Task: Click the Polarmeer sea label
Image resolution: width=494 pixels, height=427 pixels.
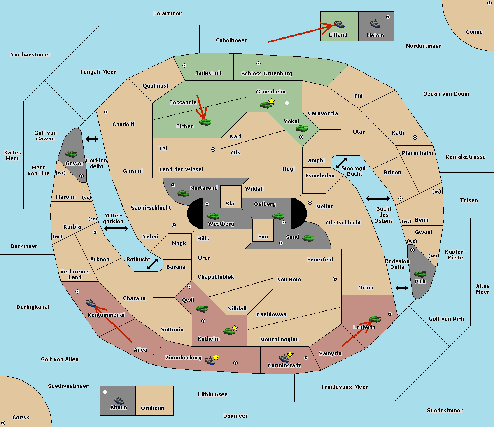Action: pyautogui.click(x=167, y=14)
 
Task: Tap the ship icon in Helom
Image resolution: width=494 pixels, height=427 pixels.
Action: pyautogui.click(x=375, y=24)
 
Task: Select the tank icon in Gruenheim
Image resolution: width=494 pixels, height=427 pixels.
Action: pyautogui.click(x=266, y=105)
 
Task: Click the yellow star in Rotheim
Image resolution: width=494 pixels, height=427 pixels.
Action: pyautogui.click(x=235, y=327)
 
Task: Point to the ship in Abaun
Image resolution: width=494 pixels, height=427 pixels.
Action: pyautogui.click(x=119, y=400)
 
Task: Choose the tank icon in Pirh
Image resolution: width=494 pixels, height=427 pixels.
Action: pyautogui.click(x=420, y=273)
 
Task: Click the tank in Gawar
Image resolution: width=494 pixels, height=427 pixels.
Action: pyautogui.click(x=72, y=154)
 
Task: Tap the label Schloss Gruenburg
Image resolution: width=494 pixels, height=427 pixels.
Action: pyautogui.click(x=267, y=73)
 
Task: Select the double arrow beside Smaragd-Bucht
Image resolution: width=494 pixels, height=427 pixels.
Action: pyautogui.click(x=341, y=163)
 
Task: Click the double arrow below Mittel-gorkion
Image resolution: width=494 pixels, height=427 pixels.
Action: pyautogui.click(x=116, y=228)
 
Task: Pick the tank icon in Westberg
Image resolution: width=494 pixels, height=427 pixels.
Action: pyautogui.click(x=213, y=216)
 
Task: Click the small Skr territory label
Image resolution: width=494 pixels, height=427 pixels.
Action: pyautogui.click(x=231, y=203)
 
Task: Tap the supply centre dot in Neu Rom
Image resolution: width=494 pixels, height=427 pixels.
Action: pyautogui.click(x=335, y=279)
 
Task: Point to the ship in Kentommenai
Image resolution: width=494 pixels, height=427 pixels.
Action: pyautogui.click(x=91, y=303)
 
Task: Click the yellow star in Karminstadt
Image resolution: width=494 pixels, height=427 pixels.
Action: pyautogui.click(x=290, y=354)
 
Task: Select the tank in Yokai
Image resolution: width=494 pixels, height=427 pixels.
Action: pyautogui.click(x=301, y=128)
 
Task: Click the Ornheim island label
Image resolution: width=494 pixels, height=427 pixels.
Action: pyautogui.click(x=152, y=408)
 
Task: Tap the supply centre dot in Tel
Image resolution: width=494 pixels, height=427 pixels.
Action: pyautogui.click(x=213, y=149)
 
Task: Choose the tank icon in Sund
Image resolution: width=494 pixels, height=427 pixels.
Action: pyautogui.click(x=308, y=238)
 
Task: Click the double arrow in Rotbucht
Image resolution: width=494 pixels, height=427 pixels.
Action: pyautogui.click(x=152, y=264)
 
